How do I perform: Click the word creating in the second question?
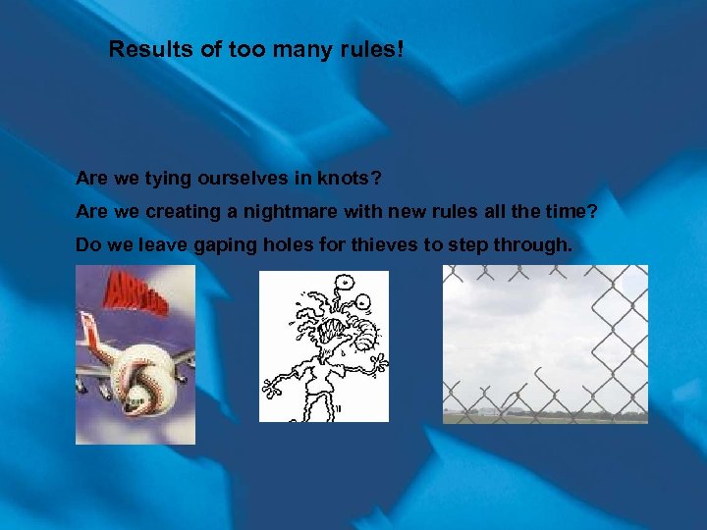[183, 212]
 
